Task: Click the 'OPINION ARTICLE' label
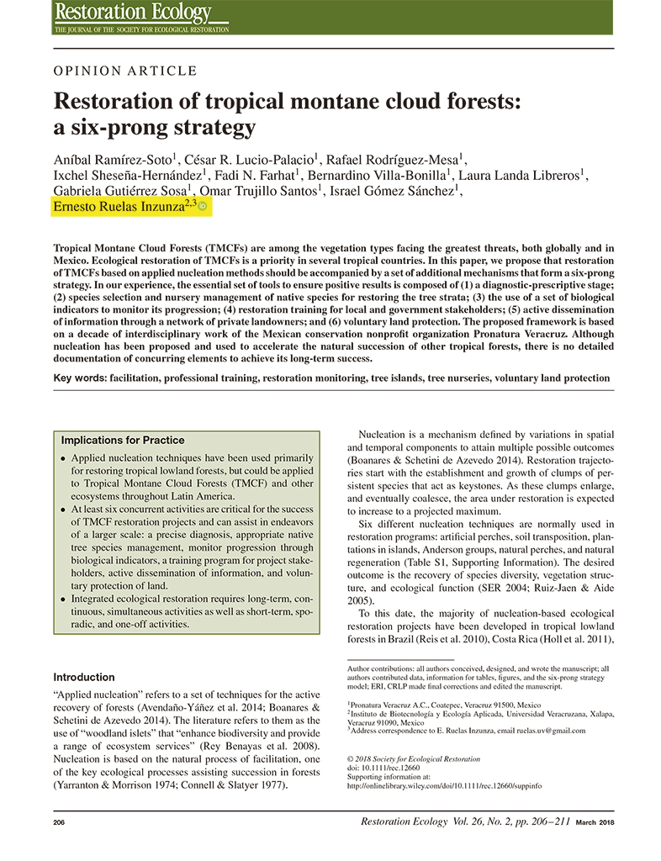click(125, 71)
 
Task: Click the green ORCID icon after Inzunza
click(202, 207)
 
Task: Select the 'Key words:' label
click(80, 378)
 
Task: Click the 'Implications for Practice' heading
click(123, 440)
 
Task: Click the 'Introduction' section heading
click(84, 677)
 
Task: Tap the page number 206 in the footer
click(60, 822)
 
